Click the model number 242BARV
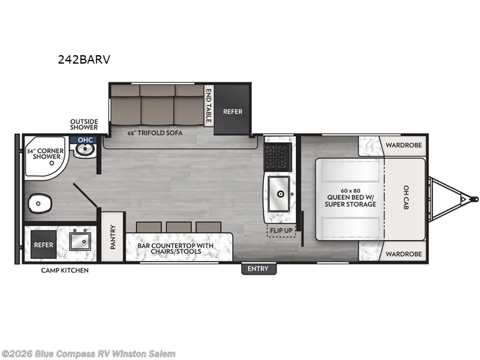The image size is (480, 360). coord(84,59)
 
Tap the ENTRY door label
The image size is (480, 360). coord(258,269)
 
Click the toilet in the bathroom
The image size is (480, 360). coord(40,203)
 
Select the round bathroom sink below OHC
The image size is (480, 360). coord(85,149)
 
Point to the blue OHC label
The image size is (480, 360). coord(85,140)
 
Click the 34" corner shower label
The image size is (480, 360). coord(46,154)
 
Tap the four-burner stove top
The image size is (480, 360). coord(278,157)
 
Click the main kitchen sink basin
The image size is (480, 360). coord(279,194)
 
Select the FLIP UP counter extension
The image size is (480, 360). coord(281,230)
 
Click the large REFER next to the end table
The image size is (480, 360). coord(232,110)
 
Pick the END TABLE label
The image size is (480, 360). coord(208,106)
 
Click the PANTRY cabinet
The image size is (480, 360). coord(113,236)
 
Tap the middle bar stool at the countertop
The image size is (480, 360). coord(179,227)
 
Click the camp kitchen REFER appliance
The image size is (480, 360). coord(43,245)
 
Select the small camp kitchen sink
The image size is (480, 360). coord(80,241)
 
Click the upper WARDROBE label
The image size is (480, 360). coord(403,145)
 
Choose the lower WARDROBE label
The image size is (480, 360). coord(403,254)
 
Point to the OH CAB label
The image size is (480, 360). coord(406,197)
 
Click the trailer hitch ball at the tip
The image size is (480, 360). coord(475,199)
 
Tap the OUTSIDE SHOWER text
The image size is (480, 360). coord(84,124)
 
